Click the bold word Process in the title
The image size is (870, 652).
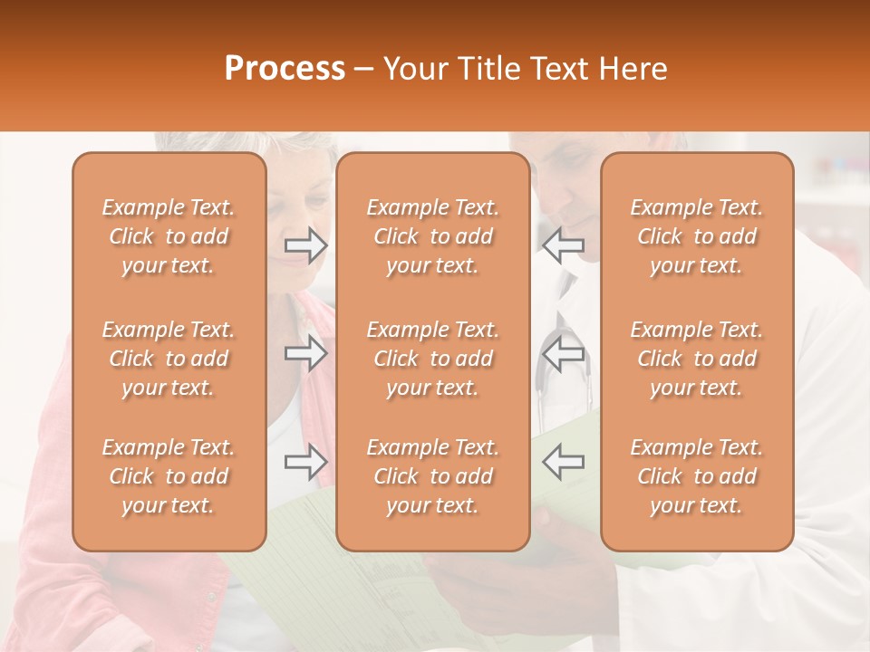[x=285, y=69]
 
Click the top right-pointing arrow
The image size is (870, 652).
[x=305, y=245]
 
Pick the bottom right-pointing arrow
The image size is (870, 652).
[x=305, y=462]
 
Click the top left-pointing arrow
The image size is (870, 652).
[x=563, y=245]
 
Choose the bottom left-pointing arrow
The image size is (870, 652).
[x=563, y=462]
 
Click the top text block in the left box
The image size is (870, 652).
[x=169, y=236]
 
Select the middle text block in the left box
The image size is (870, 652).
[x=169, y=359]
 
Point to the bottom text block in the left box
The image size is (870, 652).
[x=169, y=476]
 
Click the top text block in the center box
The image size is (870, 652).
[x=432, y=236]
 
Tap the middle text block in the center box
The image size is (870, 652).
[x=432, y=359]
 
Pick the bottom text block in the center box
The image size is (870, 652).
[x=432, y=476]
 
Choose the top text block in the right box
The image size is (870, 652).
[x=697, y=236]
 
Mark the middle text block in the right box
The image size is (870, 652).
[x=697, y=359]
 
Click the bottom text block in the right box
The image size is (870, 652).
[x=697, y=476]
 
